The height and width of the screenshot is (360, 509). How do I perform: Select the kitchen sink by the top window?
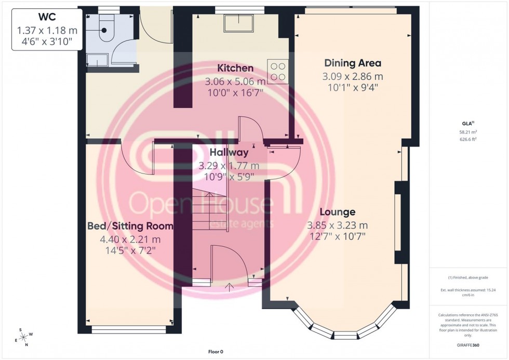click(x=238, y=23)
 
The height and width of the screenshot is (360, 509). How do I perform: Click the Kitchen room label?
click(x=235, y=68)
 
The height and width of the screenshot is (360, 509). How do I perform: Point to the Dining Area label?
click(x=353, y=63)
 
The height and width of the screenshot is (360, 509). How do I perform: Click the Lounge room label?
click(x=337, y=212)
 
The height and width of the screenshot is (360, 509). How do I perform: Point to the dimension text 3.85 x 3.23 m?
click(x=337, y=225)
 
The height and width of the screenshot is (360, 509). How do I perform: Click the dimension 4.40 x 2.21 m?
click(x=130, y=239)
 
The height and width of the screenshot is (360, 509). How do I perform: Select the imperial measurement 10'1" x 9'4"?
click(x=353, y=87)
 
